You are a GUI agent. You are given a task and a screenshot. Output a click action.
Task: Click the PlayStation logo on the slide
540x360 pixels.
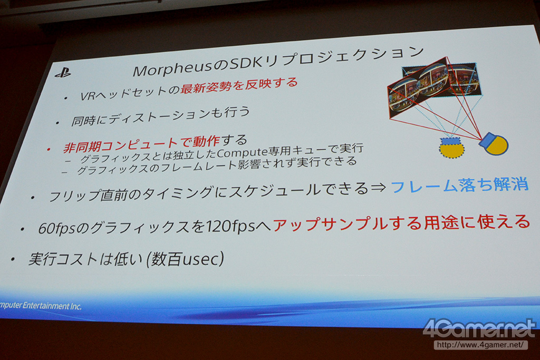63,73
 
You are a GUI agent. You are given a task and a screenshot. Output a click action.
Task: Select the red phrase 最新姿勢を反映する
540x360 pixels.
239,85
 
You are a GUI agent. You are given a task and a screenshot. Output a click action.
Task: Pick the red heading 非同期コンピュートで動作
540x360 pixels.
141,144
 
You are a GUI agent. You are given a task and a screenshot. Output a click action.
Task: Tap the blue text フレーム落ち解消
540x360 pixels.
459,185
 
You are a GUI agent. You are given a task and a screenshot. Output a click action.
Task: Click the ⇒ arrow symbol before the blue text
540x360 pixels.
378,188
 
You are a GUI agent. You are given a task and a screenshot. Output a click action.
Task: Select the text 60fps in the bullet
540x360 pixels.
56,229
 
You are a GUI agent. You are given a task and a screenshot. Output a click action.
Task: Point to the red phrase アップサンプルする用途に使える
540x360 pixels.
401,222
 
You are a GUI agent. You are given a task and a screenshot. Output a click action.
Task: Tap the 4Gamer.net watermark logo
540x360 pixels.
479,329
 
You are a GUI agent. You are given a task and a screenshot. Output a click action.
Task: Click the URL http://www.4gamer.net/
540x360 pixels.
481,345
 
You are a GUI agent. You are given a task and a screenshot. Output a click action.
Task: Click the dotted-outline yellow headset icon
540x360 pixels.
451,147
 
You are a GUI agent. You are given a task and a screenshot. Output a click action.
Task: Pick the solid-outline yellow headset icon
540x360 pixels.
494,144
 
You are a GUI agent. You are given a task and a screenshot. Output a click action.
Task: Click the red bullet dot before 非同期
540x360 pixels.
49,149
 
